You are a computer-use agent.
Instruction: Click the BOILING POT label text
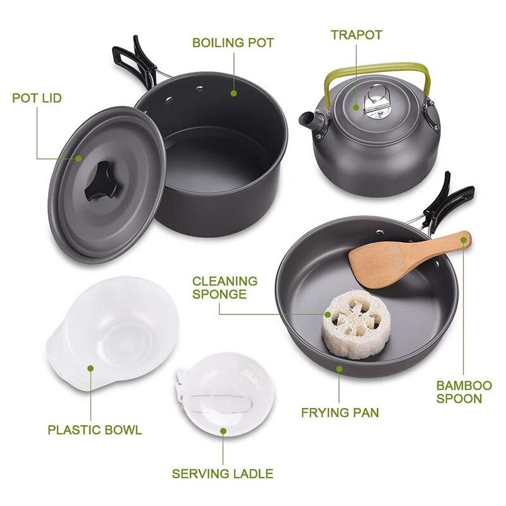point(233,43)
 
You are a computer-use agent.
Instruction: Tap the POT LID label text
point(37,98)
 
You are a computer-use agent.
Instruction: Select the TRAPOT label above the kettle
point(356,35)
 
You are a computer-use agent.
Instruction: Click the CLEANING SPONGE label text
point(225,287)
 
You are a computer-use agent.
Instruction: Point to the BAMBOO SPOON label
point(464,392)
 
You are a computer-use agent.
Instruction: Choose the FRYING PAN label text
point(340,413)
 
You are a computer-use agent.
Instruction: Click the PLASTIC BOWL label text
point(95,430)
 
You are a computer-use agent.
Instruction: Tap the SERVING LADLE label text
point(223,473)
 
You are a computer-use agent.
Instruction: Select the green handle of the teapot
point(373,68)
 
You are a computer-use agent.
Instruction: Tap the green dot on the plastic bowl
point(91,367)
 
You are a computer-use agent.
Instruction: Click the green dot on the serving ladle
point(223,431)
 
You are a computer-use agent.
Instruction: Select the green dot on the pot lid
point(79,157)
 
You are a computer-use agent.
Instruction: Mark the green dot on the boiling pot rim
point(233,92)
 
